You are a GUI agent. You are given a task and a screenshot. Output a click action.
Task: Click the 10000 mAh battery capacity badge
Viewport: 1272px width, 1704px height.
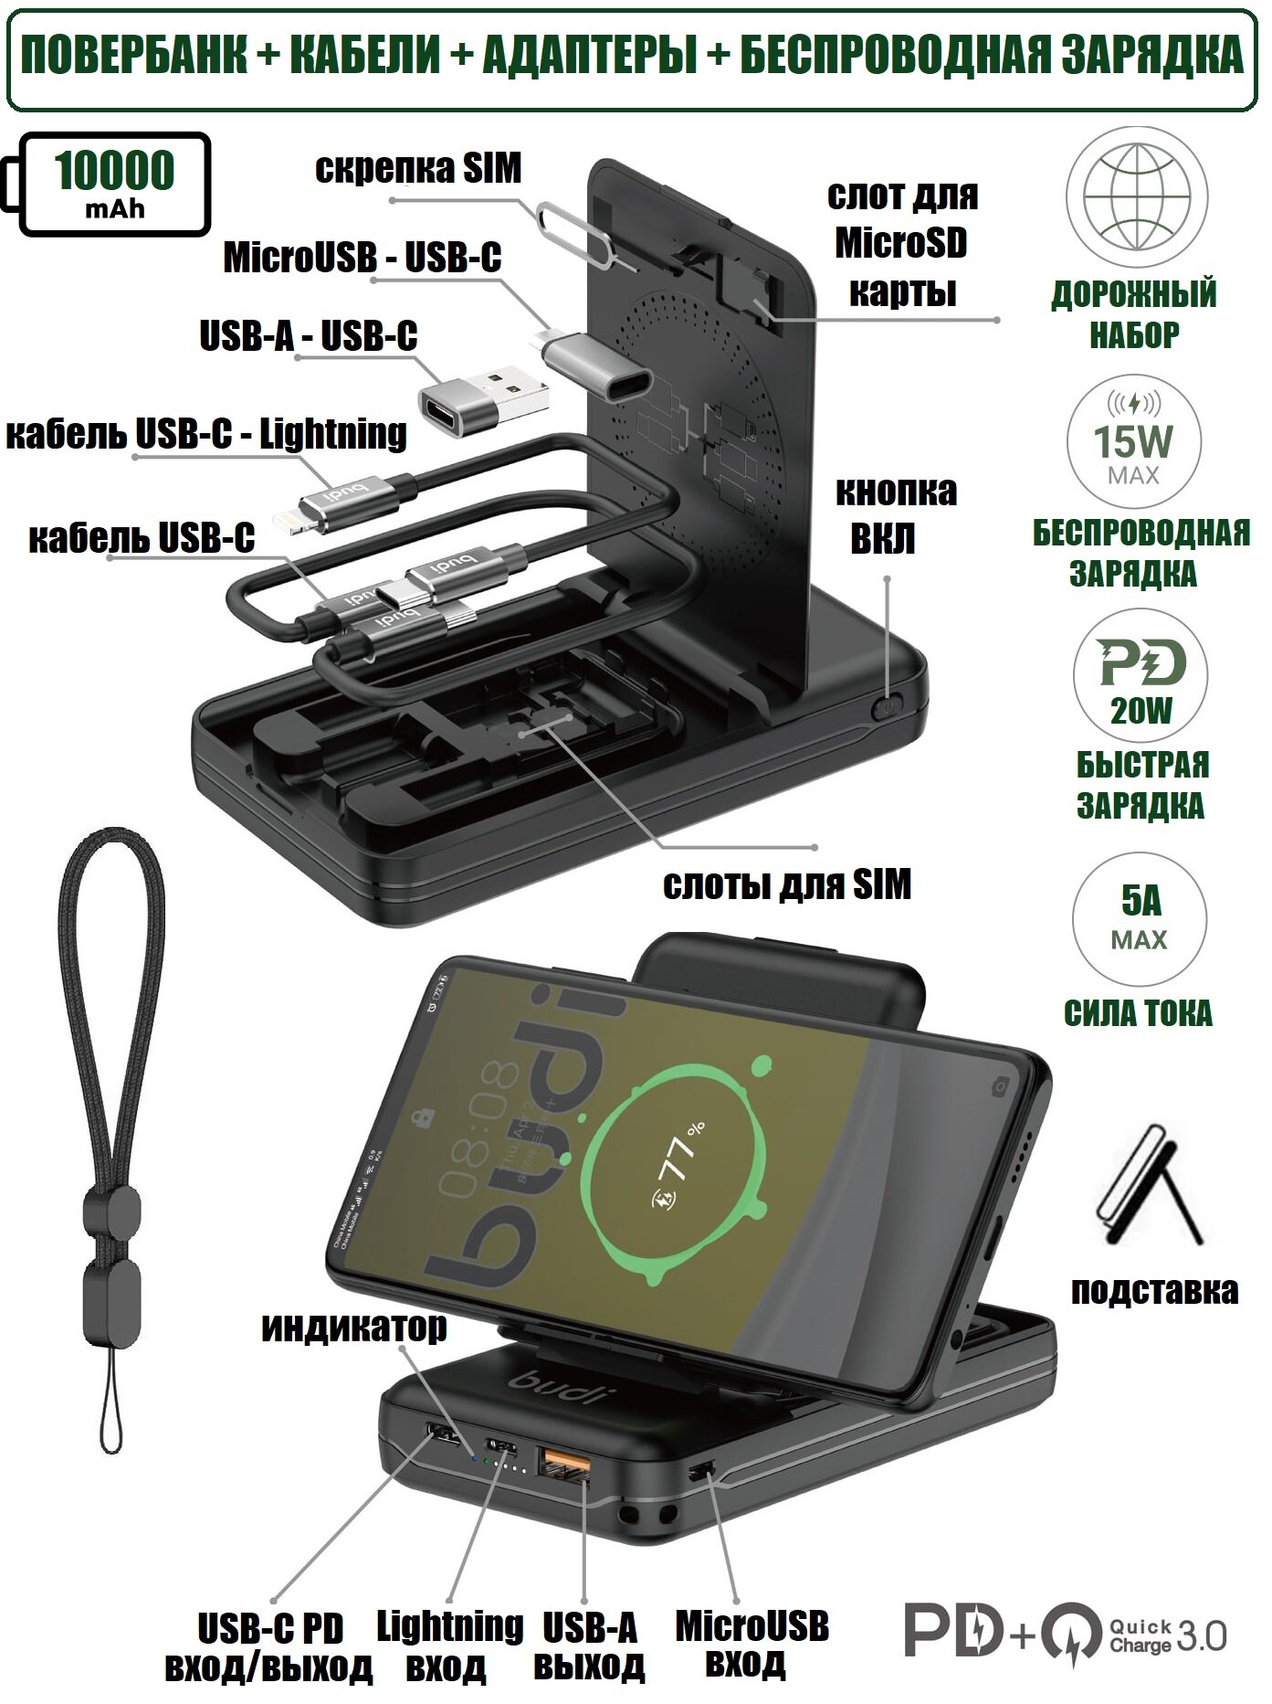[114, 184]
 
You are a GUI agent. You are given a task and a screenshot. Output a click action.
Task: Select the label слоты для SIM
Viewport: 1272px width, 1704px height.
[786, 884]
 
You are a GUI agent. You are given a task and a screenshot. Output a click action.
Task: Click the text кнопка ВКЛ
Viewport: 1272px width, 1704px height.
[896, 514]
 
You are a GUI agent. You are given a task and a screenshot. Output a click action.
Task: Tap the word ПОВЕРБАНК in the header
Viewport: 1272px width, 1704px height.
[133, 57]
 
